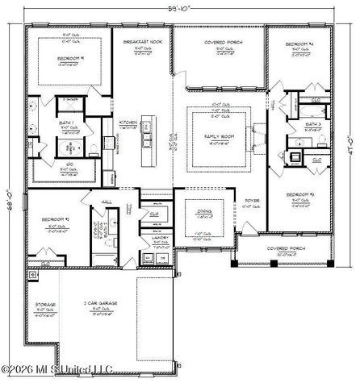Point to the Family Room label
(x=220, y=139)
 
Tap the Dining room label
(x=206, y=212)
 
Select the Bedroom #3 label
(x=304, y=196)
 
